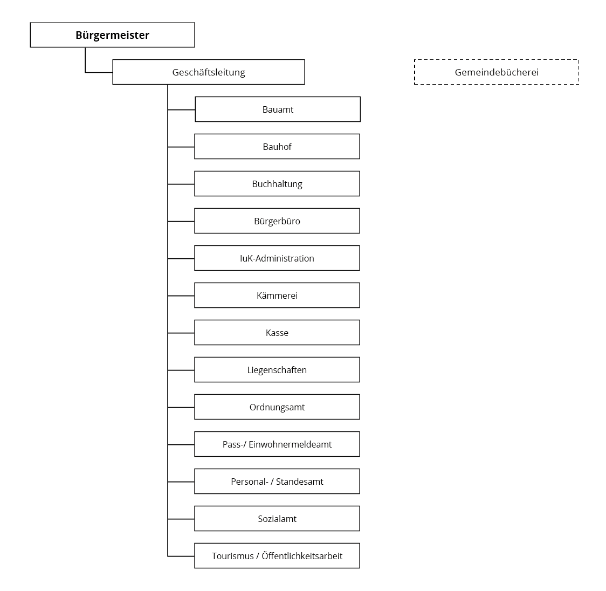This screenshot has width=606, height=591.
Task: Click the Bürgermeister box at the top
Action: click(113, 35)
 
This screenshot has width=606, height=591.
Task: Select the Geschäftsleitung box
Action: click(209, 72)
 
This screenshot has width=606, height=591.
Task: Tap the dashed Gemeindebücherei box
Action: click(497, 72)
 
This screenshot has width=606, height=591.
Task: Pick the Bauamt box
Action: click(278, 109)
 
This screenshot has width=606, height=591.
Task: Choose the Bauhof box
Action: click(277, 147)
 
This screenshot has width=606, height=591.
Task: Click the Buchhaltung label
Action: click(277, 184)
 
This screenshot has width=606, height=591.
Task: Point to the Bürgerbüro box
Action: click(277, 221)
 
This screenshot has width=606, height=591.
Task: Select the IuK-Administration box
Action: click(277, 258)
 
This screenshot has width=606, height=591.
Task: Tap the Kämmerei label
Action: click(277, 295)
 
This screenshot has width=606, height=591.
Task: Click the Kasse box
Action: click(277, 332)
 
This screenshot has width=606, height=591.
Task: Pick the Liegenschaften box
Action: click(277, 369)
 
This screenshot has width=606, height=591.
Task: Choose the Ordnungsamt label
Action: click(277, 408)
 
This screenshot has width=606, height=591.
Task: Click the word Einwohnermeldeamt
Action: click(290, 444)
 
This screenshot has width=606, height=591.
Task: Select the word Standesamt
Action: click(300, 482)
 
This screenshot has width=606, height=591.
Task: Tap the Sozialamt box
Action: click(277, 518)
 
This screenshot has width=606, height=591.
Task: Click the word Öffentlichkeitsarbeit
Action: click(302, 556)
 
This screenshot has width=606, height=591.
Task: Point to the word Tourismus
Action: click(233, 556)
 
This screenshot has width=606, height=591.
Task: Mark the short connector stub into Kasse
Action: click(181, 333)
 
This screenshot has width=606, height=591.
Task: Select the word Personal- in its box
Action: click(249, 482)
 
